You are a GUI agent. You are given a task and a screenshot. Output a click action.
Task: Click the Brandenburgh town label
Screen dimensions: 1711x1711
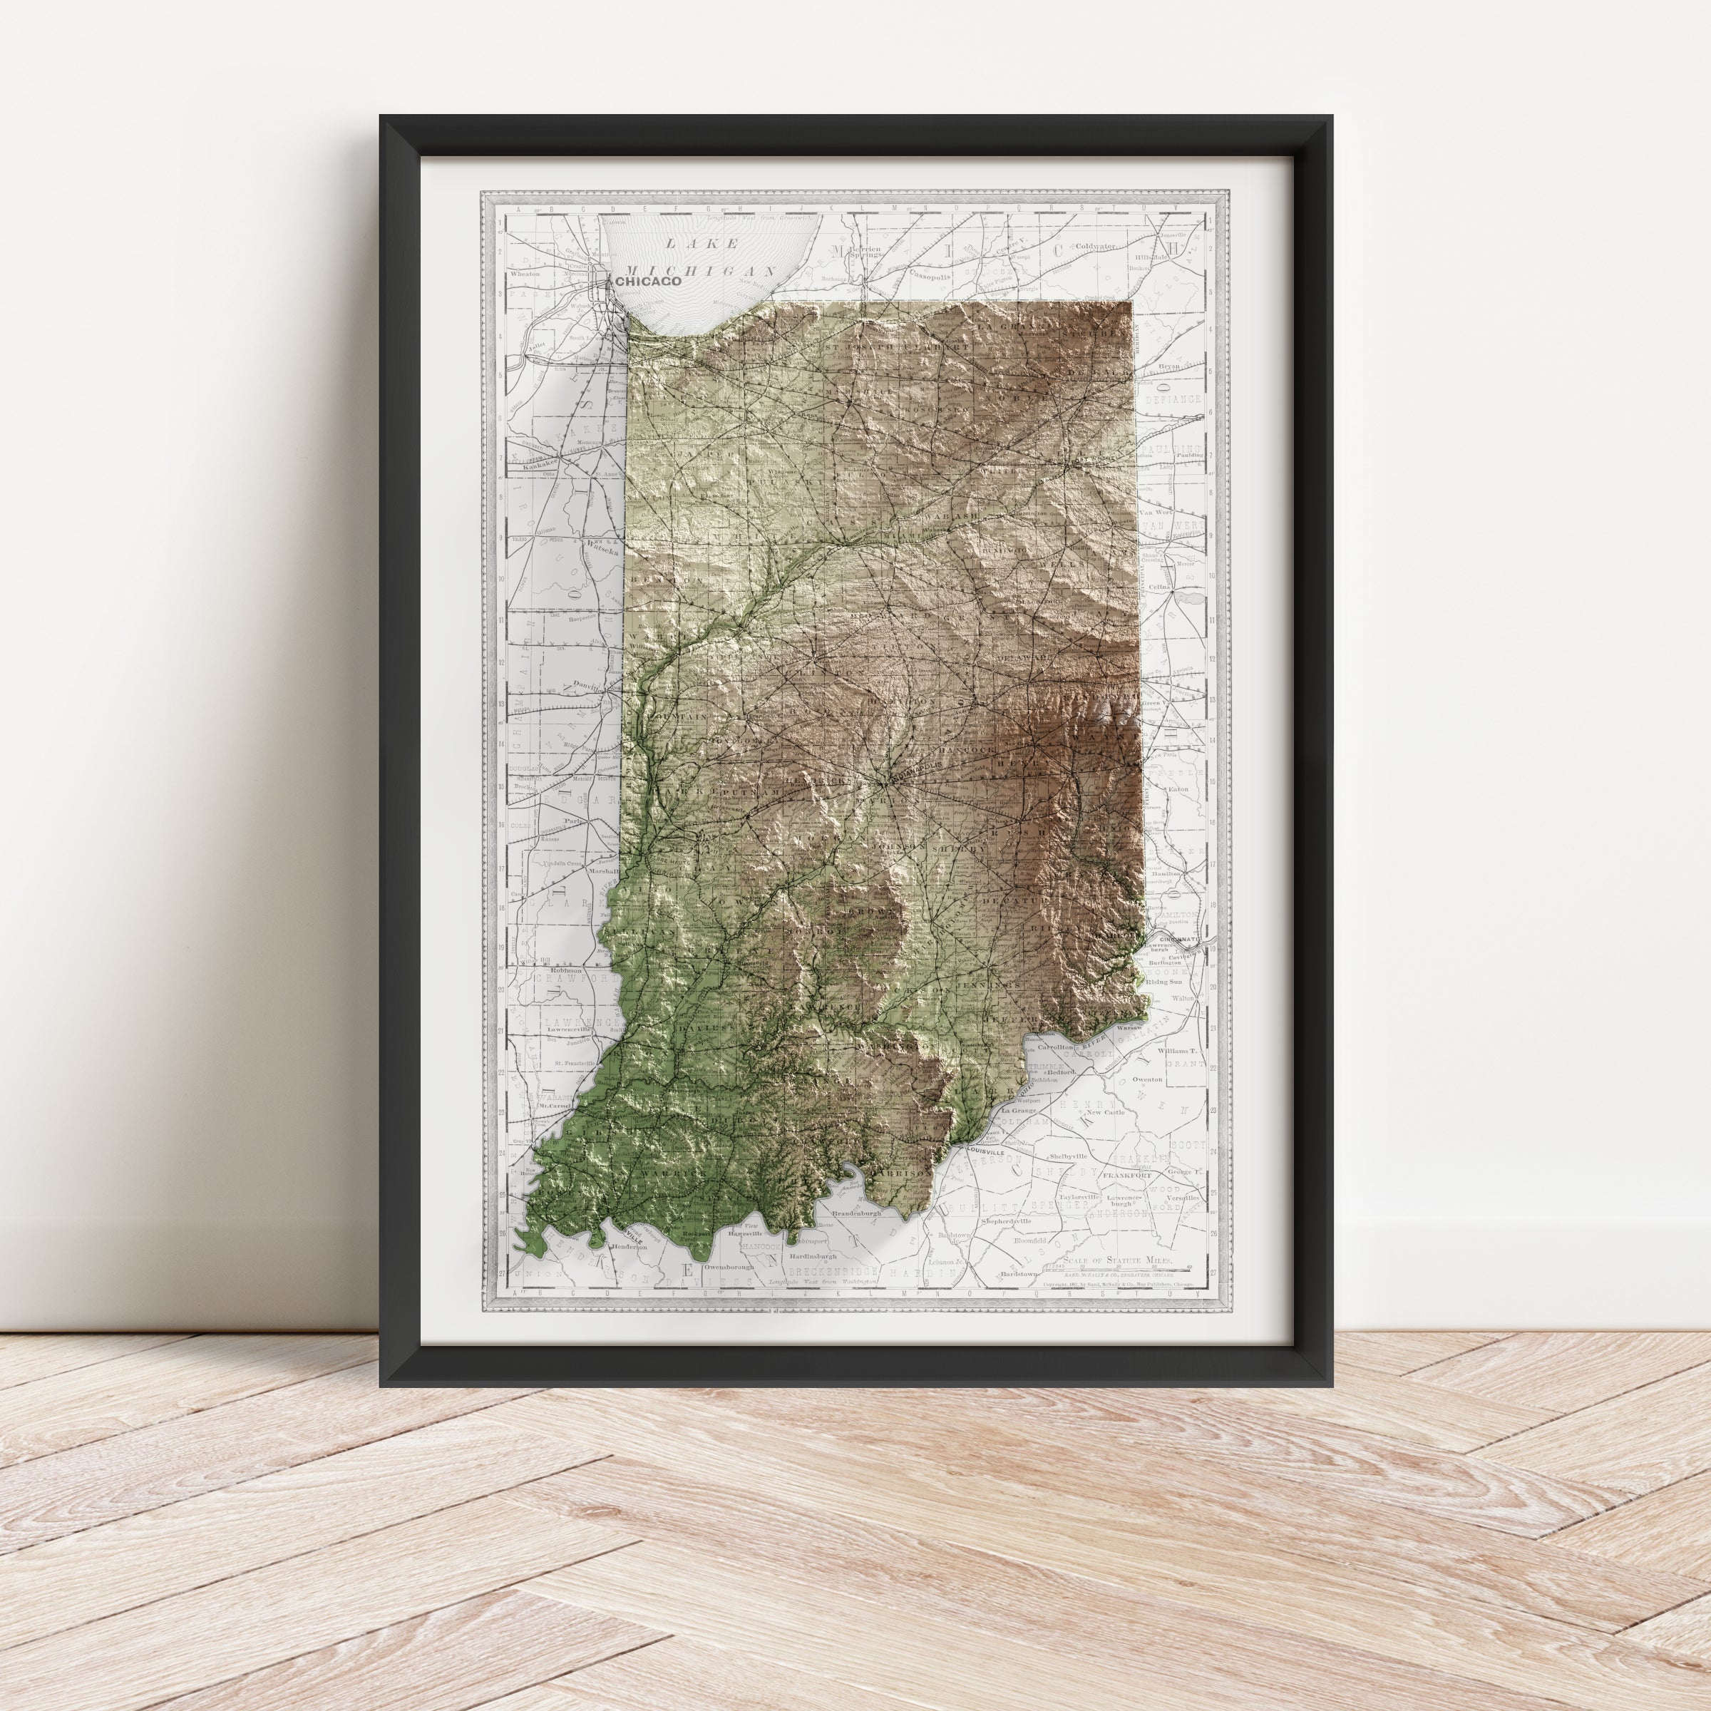pyautogui.click(x=855, y=1213)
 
